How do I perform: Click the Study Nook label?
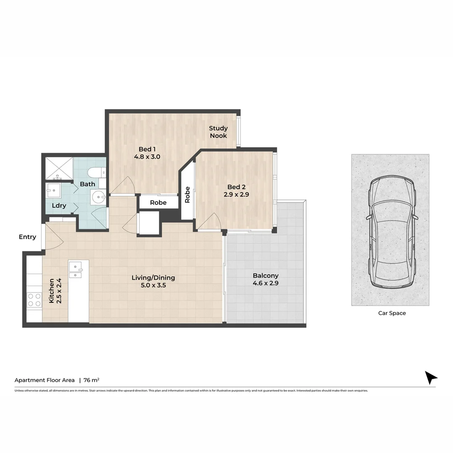click(x=218, y=132)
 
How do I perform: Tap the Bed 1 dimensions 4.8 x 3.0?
click(x=147, y=157)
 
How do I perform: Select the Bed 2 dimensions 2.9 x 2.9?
click(x=234, y=195)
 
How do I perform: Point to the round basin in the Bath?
click(x=99, y=196)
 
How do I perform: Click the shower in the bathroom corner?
click(x=59, y=168)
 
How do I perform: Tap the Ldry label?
click(x=59, y=206)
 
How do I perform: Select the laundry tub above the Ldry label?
click(x=54, y=190)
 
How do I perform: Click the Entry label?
click(x=27, y=237)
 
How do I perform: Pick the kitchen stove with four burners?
click(x=34, y=300)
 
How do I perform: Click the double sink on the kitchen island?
click(x=75, y=270)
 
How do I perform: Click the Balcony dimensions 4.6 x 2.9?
click(x=266, y=283)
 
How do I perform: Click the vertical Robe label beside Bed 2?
click(x=187, y=195)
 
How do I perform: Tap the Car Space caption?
click(x=392, y=313)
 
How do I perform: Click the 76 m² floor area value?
click(x=91, y=380)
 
